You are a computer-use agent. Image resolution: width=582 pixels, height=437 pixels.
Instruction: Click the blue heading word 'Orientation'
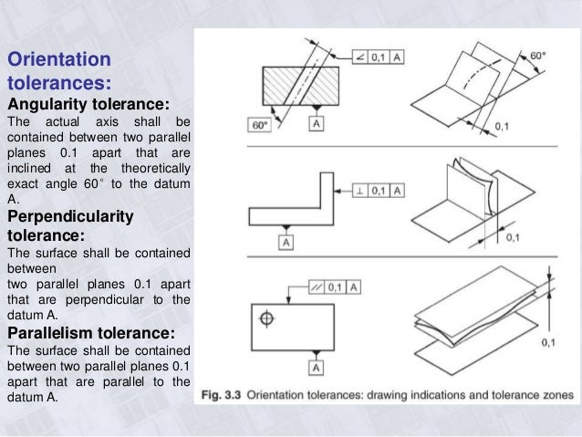tap(59, 61)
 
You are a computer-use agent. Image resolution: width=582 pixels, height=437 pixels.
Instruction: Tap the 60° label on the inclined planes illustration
tap(539, 56)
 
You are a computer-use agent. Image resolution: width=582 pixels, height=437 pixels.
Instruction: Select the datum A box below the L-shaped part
tap(286, 243)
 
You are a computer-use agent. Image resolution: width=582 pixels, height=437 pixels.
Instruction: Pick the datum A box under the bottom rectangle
tap(316, 367)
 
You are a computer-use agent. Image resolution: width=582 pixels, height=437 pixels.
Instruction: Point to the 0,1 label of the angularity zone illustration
tap(502, 125)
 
